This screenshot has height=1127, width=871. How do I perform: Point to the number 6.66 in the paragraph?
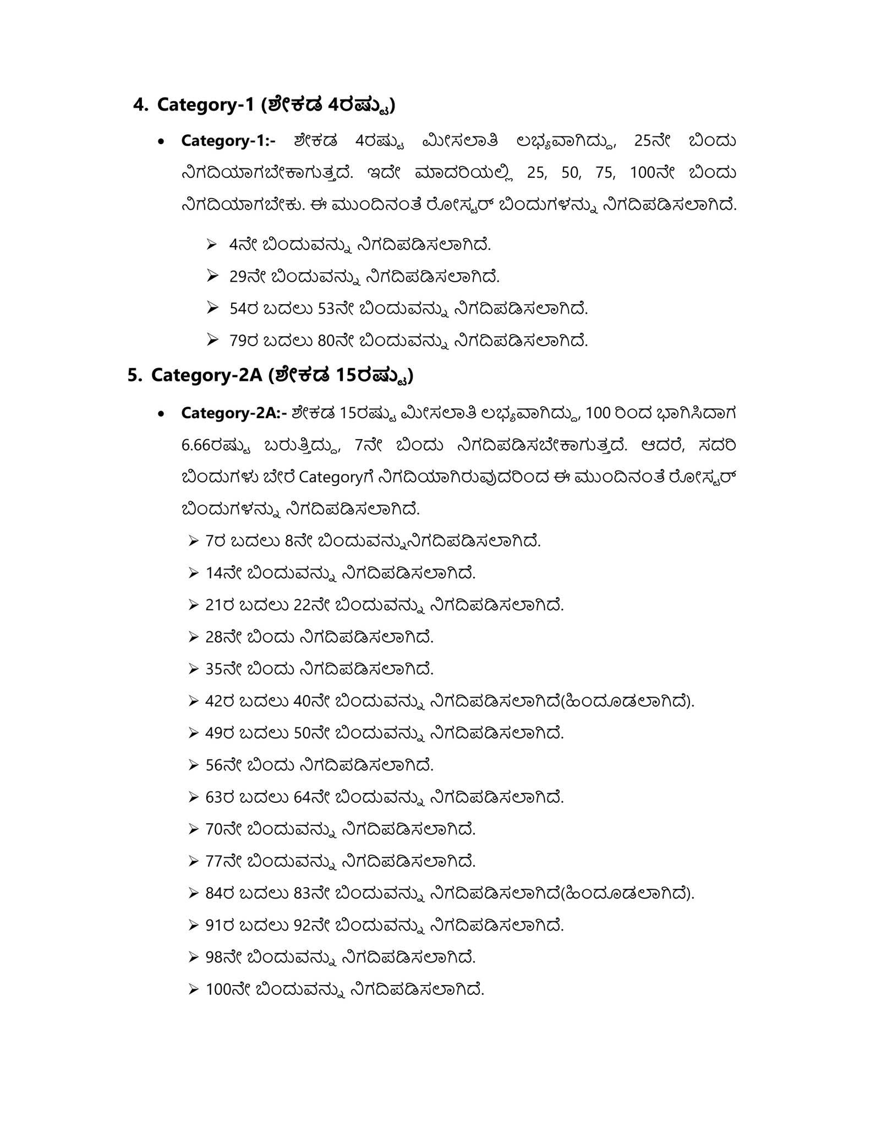(x=196, y=445)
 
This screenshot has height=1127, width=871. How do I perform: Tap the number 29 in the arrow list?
(x=237, y=277)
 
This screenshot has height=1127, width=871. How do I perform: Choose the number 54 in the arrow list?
(x=237, y=309)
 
